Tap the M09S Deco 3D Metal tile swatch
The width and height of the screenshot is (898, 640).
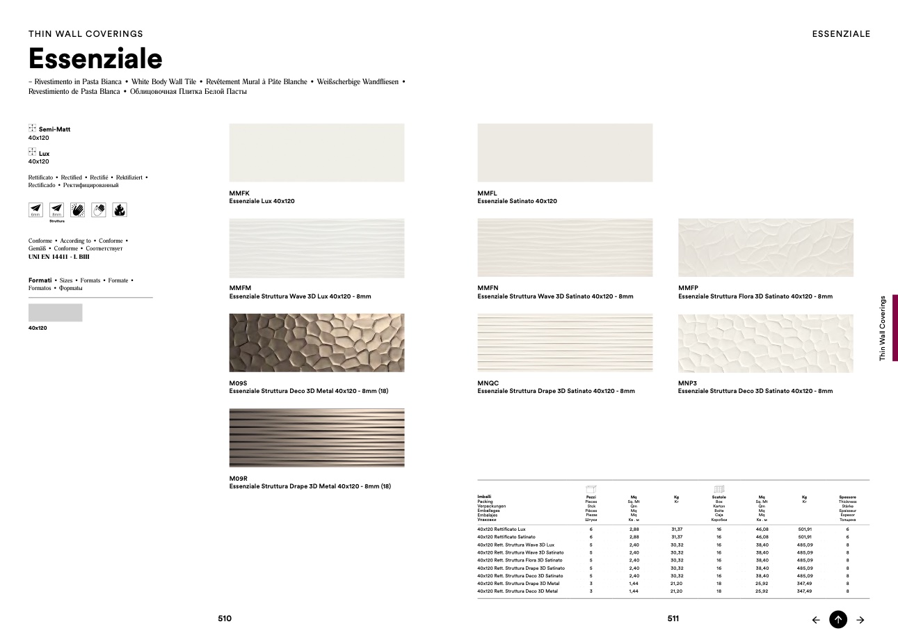pyautogui.click(x=316, y=342)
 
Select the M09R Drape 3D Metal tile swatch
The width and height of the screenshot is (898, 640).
pyautogui.click(x=316, y=438)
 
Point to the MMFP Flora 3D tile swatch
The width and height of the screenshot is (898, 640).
pyautogui.click(x=765, y=248)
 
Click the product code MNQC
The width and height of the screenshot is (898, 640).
pyautogui.click(x=488, y=383)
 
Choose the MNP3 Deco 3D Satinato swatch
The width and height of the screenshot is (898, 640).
pyautogui.click(x=765, y=343)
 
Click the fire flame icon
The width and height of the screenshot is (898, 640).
pyautogui.click(x=120, y=209)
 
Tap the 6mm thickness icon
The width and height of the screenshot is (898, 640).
pyautogui.click(x=35, y=209)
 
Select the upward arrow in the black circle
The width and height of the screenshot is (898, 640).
pyautogui.click(x=838, y=619)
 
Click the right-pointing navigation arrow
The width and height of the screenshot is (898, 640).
pyautogui.click(x=860, y=620)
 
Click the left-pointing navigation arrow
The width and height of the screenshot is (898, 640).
pyautogui.click(x=816, y=620)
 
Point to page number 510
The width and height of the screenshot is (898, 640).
pyautogui.click(x=224, y=618)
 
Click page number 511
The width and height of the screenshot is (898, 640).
pyautogui.click(x=673, y=618)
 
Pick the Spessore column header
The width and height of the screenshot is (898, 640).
pyautogui.click(x=847, y=497)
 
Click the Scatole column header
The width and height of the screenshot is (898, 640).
pyautogui.click(x=719, y=497)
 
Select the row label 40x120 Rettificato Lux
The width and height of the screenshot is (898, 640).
pyautogui.click(x=501, y=529)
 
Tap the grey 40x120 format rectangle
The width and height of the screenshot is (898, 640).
pyautogui.click(x=55, y=312)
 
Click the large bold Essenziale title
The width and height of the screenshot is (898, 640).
pyautogui.click(x=95, y=58)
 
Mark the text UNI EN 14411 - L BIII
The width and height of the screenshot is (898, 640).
pyautogui.click(x=59, y=257)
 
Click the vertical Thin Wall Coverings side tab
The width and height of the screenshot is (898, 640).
pyautogui.click(x=883, y=328)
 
